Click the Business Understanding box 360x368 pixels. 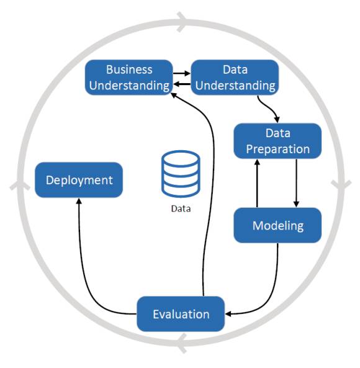(x=129, y=78)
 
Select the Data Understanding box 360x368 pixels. (x=235, y=78)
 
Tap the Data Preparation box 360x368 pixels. (x=277, y=141)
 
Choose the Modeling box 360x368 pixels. (x=277, y=225)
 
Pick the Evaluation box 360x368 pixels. (x=181, y=314)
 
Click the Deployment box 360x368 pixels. (x=79, y=180)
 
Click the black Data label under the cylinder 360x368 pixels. (x=181, y=209)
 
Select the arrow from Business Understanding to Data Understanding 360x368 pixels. (x=182, y=73)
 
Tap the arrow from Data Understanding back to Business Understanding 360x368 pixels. (x=182, y=84)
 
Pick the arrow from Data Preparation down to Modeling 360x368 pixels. (x=296, y=183)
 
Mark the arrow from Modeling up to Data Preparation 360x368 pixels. (x=257, y=183)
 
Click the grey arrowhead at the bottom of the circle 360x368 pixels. (x=182, y=343)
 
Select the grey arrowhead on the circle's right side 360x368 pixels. (x=341, y=186)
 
